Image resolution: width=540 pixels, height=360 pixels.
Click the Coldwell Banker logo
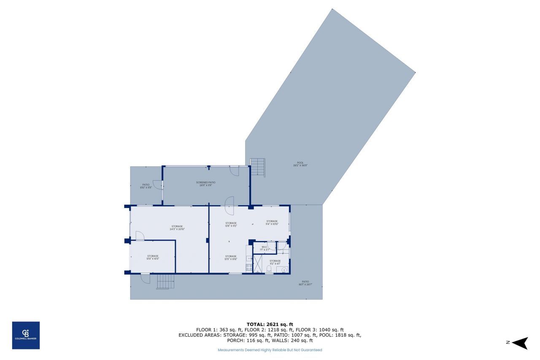tap(26, 335)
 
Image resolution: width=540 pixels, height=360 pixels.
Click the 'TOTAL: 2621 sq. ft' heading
tap(270, 324)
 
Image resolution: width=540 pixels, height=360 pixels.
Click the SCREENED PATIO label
tap(206, 184)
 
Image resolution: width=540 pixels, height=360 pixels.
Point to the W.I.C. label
tap(265, 248)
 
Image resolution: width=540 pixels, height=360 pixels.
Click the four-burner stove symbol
tap(249, 267)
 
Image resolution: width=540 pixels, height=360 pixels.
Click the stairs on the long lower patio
tap(165, 282)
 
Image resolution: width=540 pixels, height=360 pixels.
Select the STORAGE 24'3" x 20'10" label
tap(177, 227)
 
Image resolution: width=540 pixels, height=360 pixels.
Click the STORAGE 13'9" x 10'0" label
tap(153, 257)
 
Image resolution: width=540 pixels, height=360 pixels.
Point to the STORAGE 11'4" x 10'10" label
tap(272, 222)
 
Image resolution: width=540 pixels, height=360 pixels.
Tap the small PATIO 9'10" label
tap(146, 186)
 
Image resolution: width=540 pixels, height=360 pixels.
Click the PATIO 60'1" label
tap(305, 283)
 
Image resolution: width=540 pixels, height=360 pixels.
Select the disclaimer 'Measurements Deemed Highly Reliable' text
tap(270, 350)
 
